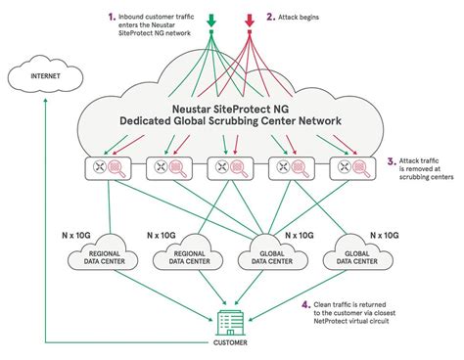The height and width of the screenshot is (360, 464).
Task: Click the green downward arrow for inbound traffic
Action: [210, 17]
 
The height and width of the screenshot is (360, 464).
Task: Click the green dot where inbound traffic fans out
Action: [210, 33]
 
